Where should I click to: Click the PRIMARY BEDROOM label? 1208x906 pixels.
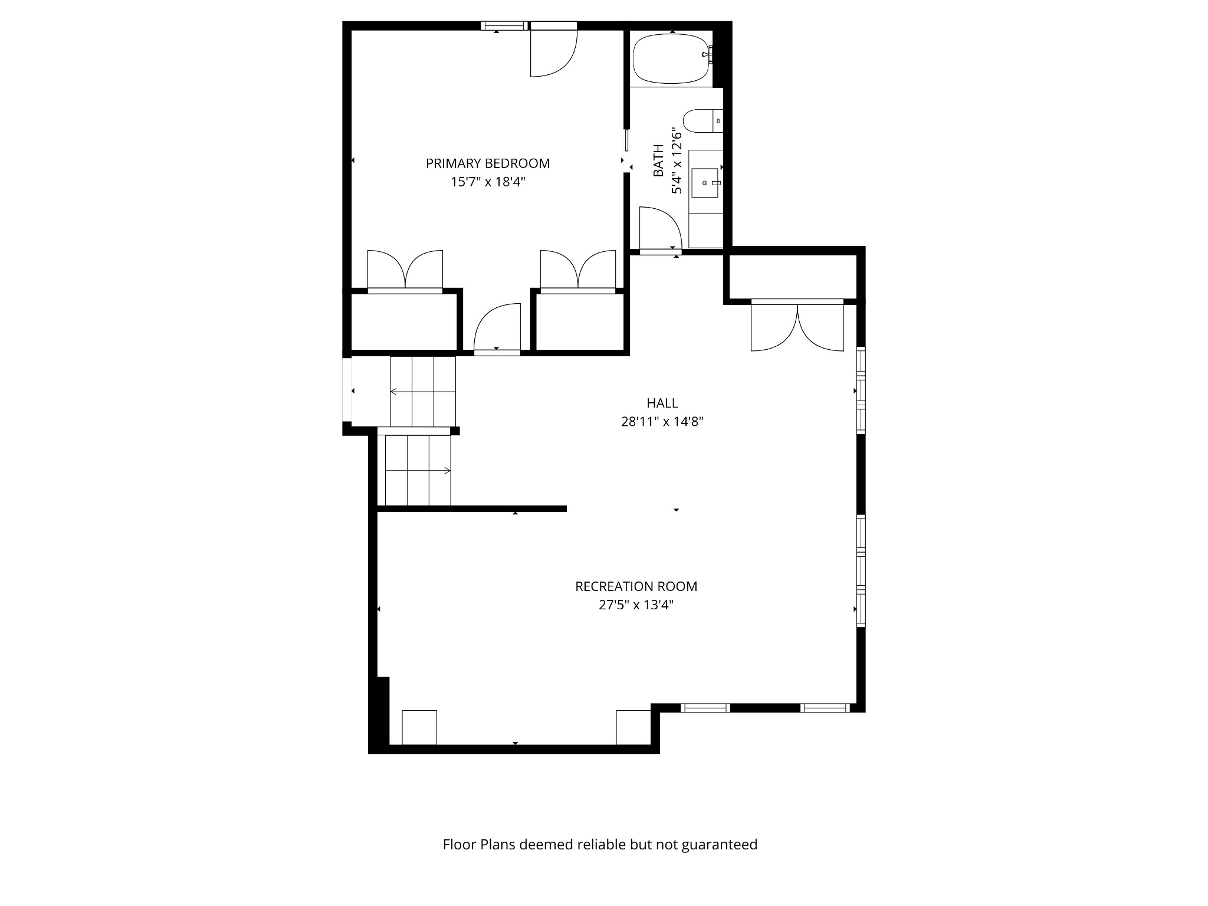tap(488, 163)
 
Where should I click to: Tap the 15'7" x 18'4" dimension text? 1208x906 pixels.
tap(488, 182)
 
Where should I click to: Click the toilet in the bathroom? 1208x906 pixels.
tap(699, 120)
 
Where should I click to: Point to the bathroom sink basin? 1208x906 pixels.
tap(705, 183)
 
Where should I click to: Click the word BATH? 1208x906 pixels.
tap(658, 160)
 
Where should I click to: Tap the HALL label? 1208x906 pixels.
tap(662, 403)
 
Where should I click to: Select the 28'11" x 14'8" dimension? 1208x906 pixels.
tap(662, 422)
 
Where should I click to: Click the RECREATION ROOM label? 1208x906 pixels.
tap(636, 586)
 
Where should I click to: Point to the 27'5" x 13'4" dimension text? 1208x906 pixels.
tap(636, 605)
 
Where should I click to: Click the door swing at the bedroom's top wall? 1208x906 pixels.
tap(553, 53)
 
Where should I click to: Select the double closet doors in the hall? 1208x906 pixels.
tap(797, 327)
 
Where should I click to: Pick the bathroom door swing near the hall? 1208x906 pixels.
tap(660, 228)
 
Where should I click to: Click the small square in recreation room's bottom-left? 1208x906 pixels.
tap(419, 727)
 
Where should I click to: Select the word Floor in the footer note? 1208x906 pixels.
tap(459, 845)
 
